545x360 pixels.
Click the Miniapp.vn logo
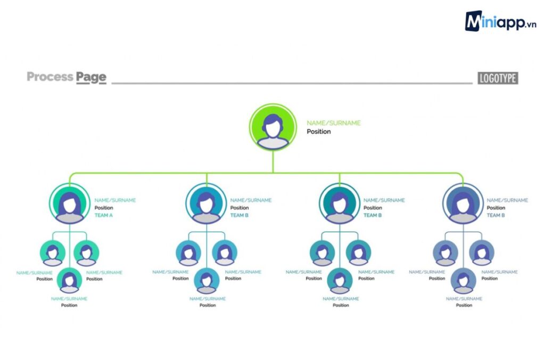tap(500, 21)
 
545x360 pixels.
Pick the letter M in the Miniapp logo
tap(474, 21)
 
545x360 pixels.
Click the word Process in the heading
tap(50, 77)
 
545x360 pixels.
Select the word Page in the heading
tap(91, 78)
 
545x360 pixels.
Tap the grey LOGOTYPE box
tap(498, 78)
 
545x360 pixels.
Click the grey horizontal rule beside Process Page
tap(292, 84)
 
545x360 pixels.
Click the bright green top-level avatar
tap(273, 127)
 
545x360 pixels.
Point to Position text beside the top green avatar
tap(319, 132)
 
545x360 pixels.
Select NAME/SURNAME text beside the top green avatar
tap(334, 123)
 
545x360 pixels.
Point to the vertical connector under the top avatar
tap(273, 162)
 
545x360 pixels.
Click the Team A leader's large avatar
tap(70, 203)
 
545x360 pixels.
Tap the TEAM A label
tap(104, 215)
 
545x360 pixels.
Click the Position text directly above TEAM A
tap(104, 208)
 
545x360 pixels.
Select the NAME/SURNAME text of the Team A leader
tap(115, 200)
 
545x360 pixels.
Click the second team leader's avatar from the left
tap(207, 203)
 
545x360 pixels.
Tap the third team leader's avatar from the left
tap(340, 203)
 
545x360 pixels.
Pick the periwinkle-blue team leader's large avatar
tap(463, 203)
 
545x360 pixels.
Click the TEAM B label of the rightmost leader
tap(496, 215)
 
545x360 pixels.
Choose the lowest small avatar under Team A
tap(70, 280)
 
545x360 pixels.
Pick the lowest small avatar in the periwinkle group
tap(464, 280)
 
